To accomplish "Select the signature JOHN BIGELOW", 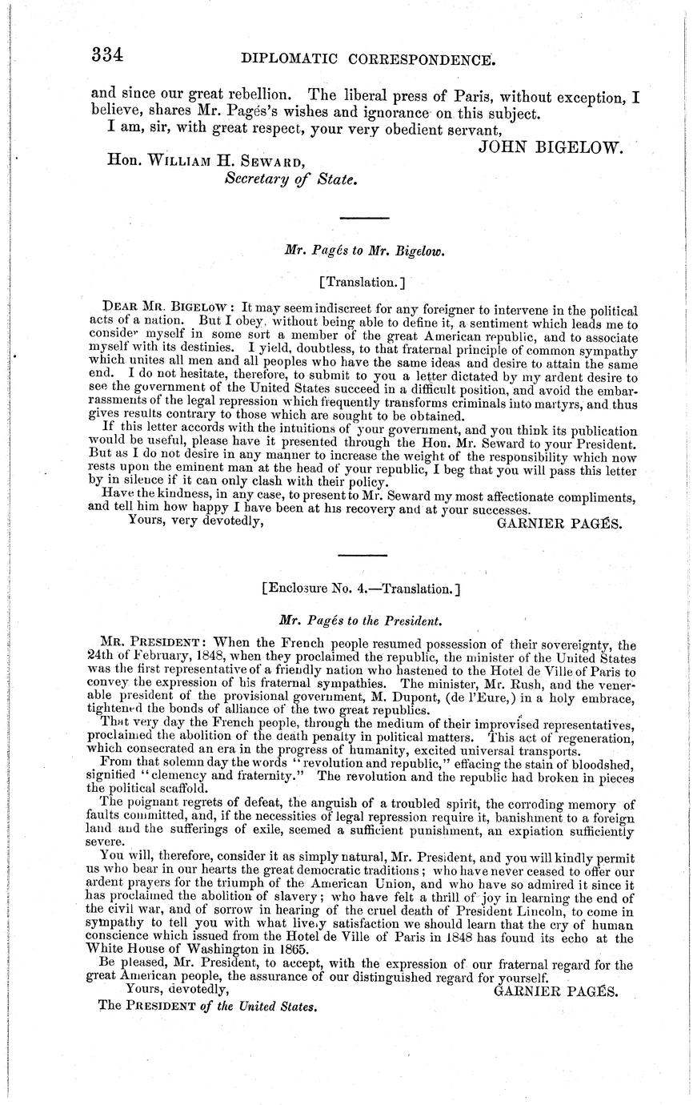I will (550, 146).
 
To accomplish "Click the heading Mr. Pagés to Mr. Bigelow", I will (364, 250).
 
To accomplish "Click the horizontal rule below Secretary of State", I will (364, 217).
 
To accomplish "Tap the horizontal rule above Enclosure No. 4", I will (363, 554).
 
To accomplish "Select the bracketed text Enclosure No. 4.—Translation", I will (361, 589).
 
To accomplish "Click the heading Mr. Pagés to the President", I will (360, 620).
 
